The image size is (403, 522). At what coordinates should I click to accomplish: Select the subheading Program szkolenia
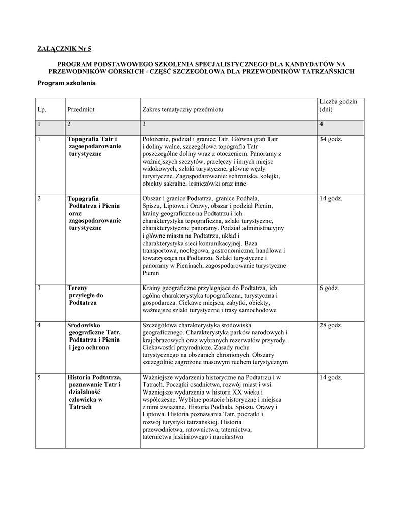pos(67,83)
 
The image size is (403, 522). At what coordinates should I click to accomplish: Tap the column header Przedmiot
pos(81,110)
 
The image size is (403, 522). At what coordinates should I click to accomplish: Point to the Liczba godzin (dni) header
pos(338,106)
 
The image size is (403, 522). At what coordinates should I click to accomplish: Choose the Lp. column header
pos(41,110)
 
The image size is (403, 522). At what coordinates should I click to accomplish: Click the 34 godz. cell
pos(331,139)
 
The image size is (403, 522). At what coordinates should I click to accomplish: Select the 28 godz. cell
pos(331,325)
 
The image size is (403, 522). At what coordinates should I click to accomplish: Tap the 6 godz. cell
pos(329,288)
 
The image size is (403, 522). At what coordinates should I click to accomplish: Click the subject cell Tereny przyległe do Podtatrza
pos(86,295)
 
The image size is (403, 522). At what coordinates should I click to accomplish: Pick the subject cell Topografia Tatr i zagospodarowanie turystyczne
pos(94,146)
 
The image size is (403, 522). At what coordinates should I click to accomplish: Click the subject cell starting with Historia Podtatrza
pos(94,392)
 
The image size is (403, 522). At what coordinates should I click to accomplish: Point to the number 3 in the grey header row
pos(144,124)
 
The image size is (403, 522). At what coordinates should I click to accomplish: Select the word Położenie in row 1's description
pos(156,139)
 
